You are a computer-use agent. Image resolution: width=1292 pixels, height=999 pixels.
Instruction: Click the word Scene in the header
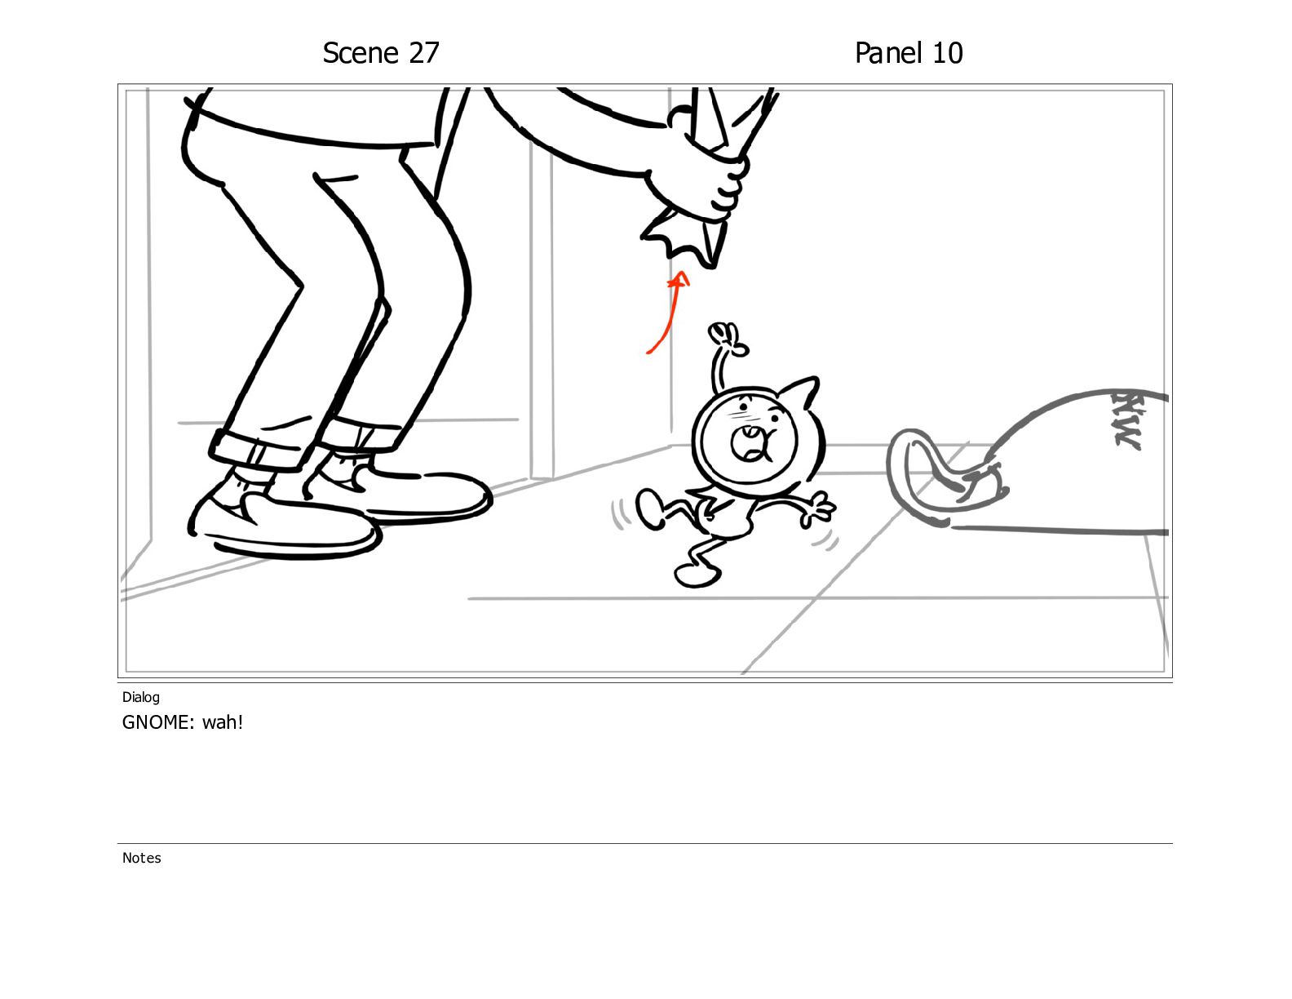click(x=361, y=53)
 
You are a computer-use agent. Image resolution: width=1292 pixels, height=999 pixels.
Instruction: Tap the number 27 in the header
click(x=423, y=53)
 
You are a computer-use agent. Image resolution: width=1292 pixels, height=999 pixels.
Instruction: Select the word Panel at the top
click(x=888, y=53)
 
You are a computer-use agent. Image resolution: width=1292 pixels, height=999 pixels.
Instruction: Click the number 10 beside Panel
click(x=947, y=53)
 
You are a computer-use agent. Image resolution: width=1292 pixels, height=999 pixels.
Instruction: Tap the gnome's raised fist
click(x=728, y=338)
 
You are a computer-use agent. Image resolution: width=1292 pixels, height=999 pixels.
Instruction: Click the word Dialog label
click(x=141, y=697)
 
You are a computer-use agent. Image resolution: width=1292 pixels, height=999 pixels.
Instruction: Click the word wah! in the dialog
click(x=223, y=722)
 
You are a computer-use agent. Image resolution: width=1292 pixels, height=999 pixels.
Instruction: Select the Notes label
click(x=141, y=858)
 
